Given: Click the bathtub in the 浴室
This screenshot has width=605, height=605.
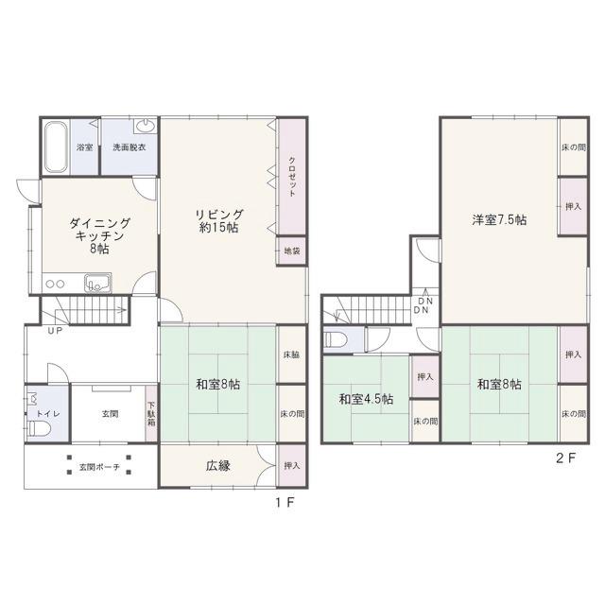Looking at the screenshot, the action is click(x=55, y=147).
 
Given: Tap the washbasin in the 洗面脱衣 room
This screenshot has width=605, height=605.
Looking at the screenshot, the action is click(x=146, y=126).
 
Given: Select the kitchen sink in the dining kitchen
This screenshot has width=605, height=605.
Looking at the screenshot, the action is click(x=98, y=284).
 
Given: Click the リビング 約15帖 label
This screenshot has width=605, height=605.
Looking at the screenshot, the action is click(x=219, y=221).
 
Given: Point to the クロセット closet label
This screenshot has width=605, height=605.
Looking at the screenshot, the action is click(x=292, y=177).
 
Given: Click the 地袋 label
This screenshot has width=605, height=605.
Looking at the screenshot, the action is click(x=292, y=251).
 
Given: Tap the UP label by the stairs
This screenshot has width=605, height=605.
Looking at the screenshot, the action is click(x=55, y=331).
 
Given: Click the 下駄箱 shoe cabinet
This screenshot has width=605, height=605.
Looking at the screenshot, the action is click(x=151, y=414).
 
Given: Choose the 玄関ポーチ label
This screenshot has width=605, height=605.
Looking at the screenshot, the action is click(x=99, y=467).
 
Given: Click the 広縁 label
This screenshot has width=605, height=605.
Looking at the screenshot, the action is click(x=218, y=466).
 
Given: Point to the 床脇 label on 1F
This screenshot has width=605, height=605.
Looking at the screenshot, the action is click(x=292, y=355).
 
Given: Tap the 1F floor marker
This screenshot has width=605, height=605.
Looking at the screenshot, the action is click(x=285, y=502).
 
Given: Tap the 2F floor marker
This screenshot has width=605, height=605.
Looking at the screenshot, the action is click(x=565, y=458).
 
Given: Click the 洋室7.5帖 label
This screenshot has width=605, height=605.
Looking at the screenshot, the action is click(x=499, y=220).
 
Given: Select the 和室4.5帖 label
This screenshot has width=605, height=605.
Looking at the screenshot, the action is click(x=366, y=399).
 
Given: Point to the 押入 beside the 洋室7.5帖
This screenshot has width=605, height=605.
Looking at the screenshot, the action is click(x=574, y=206).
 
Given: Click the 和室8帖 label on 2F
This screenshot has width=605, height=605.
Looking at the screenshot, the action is click(x=499, y=385).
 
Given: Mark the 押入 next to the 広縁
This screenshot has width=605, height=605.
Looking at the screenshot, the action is click(x=292, y=466).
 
